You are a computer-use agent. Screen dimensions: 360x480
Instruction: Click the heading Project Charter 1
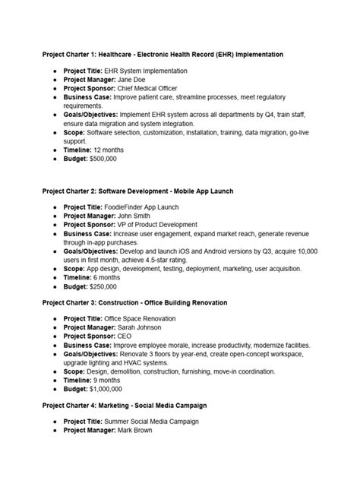click(x=163, y=55)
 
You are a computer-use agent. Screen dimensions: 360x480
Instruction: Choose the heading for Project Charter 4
click(x=124, y=406)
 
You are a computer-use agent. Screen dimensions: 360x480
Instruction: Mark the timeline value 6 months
click(x=109, y=277)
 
